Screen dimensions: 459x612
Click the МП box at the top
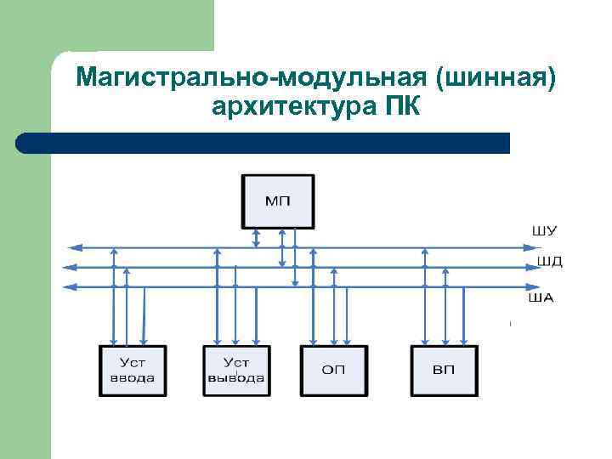click(278, 201)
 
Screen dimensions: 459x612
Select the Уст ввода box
click(133, 371)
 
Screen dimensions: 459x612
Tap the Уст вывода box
click(235, 371)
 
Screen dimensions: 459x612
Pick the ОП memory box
click(334, 371)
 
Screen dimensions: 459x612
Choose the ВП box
click(444, 371)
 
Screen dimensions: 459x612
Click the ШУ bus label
click(544, 230)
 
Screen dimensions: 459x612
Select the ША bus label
click(541, 297)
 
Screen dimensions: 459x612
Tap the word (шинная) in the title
click(496, 78)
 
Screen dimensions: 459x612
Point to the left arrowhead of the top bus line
click(73, 248)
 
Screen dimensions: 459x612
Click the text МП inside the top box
click(278, 201)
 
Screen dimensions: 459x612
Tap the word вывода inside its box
click(235, 378)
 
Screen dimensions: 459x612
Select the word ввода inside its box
click(133, 378)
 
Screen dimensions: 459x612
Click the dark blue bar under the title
click(263, 143)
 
